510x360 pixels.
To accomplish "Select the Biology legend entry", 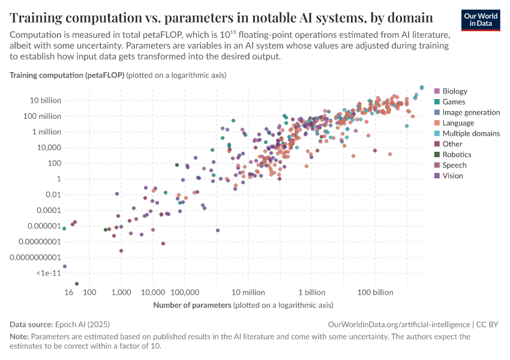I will pyautogui.click(x=454, y=91).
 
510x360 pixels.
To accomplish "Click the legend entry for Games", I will pyautogui.click(x=454, y=102).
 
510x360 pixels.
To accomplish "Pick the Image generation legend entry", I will pyautogui.click(x=470, y=112).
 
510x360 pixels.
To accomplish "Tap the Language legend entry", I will pyautogui.click(x=458, y=123).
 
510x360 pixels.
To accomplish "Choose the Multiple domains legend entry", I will pyautogui.click(x=470, y=133).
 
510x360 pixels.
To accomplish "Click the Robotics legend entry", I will pyautogui.click(x=457, y=155).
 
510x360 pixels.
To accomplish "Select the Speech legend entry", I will pyautogui.click(x=454, y=165).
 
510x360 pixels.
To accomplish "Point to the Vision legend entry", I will pyautogui.click(x=453, y=176).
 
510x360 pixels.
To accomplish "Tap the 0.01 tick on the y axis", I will pyautogui.click(x=53, y=194).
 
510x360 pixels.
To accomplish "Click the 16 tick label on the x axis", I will pyautogui.click(x=69, y=292).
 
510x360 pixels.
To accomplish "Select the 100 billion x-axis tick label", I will pyautogui.click(x=376, y=292).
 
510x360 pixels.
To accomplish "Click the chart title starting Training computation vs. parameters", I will pyautogui.click(x=221, y=17).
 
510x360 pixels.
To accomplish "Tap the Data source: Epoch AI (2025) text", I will pyautogui.click(x=60, y=324).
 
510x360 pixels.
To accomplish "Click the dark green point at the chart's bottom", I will pyautogui.click(x=77, y=284).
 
